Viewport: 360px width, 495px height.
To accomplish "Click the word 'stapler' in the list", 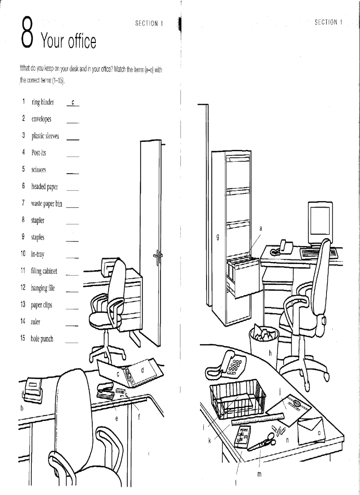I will [37, 220].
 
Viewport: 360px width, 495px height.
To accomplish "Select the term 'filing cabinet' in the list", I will [44, 271].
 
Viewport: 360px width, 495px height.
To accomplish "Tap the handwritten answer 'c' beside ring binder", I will [73, 103].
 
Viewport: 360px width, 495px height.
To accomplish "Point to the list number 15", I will [23, 339].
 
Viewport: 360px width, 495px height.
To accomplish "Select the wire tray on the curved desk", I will [237, 399].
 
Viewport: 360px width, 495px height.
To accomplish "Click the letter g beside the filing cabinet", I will [217, 238].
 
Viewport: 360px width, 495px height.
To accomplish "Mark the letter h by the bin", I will [270, 353].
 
